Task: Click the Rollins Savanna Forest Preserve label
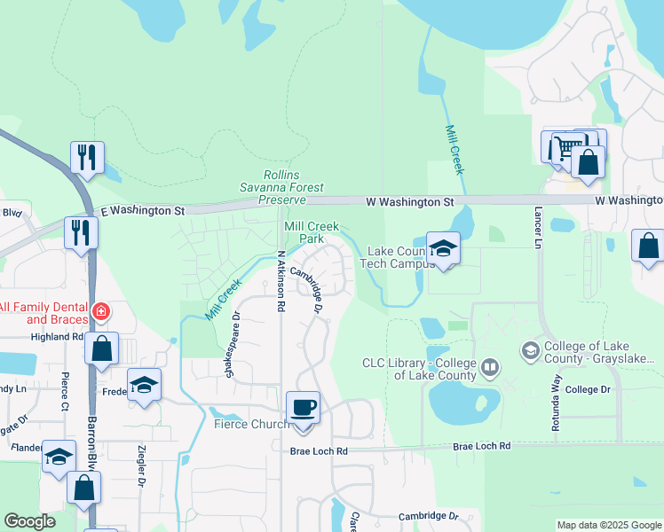[281, 187]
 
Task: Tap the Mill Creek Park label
[311, 232]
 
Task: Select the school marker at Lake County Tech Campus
[443, 248]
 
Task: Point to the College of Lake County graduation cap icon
[531, 350]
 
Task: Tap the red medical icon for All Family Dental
[101, 312]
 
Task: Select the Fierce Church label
[252, 424]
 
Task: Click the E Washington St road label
[142, 211]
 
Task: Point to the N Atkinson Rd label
[281, 280]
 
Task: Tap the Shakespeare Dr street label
[233, 345]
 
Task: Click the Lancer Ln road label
[538, 228]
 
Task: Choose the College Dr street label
[588, 389]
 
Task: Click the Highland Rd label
[57, 337]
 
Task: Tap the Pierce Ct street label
[65, 392]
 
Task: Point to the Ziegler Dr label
[141, 465]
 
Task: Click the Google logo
[29, 521]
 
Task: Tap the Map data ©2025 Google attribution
[608, 525]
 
